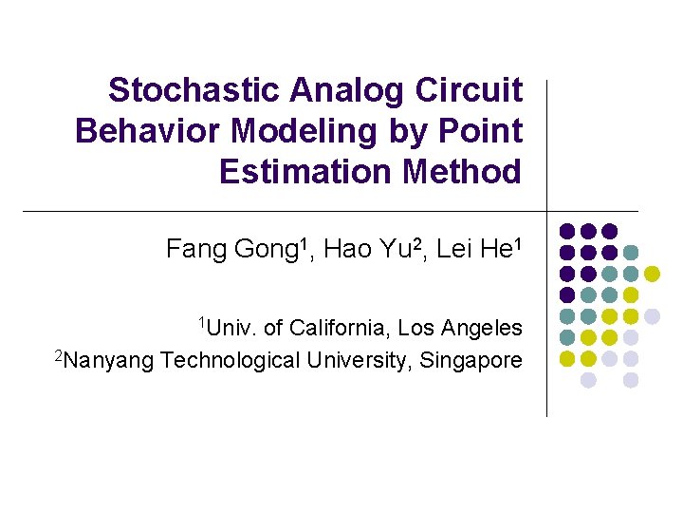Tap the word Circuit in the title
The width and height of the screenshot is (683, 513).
[469, 90]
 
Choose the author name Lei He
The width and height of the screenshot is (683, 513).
[474, 250]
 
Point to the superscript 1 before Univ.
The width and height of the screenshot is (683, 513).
[201, 323]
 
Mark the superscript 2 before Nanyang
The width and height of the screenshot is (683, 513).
[59, 355]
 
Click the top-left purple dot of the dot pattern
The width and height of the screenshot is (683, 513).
[567, 231]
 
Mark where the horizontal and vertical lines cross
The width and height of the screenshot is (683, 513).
[547, 211]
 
